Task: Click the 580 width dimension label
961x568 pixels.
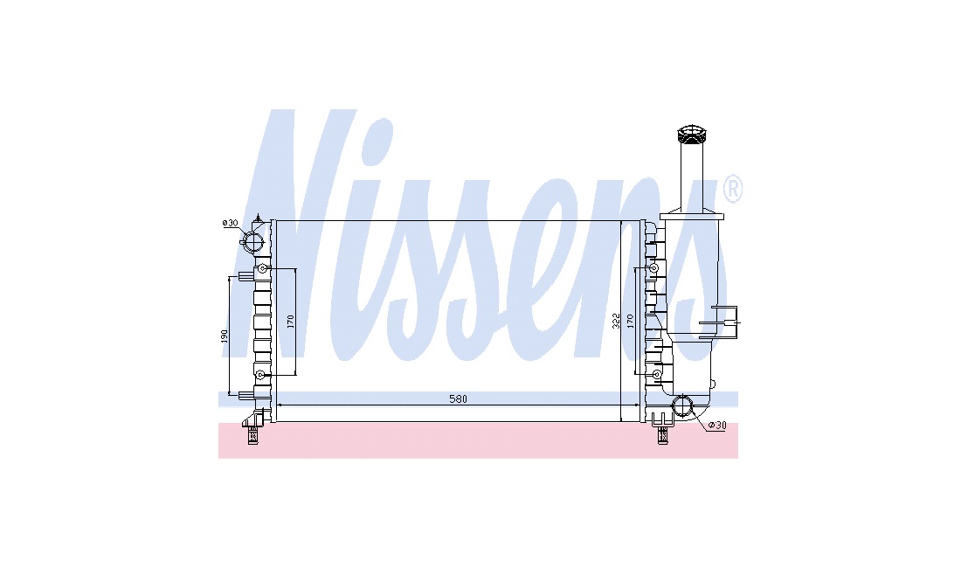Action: [x=458, y=398]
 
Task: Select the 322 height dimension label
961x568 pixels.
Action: [x=616, y=321]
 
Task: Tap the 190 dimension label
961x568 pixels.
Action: [x=225, y=336]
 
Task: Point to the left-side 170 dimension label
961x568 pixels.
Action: [x=291, y=321]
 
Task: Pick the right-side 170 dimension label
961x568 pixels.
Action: [x=630, y=320]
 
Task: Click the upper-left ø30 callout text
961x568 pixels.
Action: [x=230, y=223]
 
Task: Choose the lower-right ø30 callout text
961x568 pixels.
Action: [x=717, y=426]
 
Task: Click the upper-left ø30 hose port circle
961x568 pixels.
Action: [x=253, y=241]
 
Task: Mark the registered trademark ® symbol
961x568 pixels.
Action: [x=733, y=189]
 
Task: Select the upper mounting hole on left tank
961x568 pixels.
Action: [x=262, y=268]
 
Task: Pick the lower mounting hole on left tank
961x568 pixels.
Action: [x=260, y=374]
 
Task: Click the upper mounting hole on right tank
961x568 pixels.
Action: [x=654, y=268]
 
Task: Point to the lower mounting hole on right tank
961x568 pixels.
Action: [x=656, y=374]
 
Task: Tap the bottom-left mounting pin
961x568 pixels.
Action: [x=252, y=435]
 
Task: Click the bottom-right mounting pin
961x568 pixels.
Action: [x=662, y=435]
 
